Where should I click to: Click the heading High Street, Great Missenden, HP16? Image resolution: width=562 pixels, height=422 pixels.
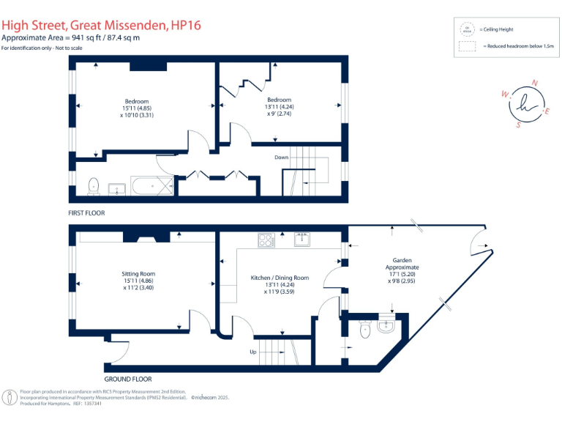point(101,26)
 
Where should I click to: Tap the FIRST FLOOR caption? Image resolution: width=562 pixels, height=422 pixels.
point(86,213)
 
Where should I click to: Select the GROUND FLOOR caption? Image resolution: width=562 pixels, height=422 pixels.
point(127,379)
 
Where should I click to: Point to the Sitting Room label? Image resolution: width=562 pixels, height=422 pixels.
point(138,274)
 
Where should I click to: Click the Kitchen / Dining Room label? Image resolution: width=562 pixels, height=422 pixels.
point(280,278)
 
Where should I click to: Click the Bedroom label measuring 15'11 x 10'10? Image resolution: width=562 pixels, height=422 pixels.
point(136,101)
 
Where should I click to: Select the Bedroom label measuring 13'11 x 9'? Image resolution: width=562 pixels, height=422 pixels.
point(279,100)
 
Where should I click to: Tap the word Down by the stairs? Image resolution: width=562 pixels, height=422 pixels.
point(282,158)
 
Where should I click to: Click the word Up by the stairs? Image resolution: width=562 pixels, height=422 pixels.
point(254,352)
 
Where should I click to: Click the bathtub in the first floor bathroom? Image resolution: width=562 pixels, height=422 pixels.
point(152,186)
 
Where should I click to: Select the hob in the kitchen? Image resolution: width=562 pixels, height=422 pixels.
point(265,240)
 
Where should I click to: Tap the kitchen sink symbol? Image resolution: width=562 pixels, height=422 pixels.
point(300,239)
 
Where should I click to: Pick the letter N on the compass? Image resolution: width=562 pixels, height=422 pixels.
point(534,83)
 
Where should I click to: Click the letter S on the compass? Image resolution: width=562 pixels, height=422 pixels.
point(518,125)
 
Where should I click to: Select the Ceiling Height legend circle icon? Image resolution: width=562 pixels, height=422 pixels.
point(466,30)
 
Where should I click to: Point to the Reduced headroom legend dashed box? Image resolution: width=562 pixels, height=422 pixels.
point(466,46)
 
